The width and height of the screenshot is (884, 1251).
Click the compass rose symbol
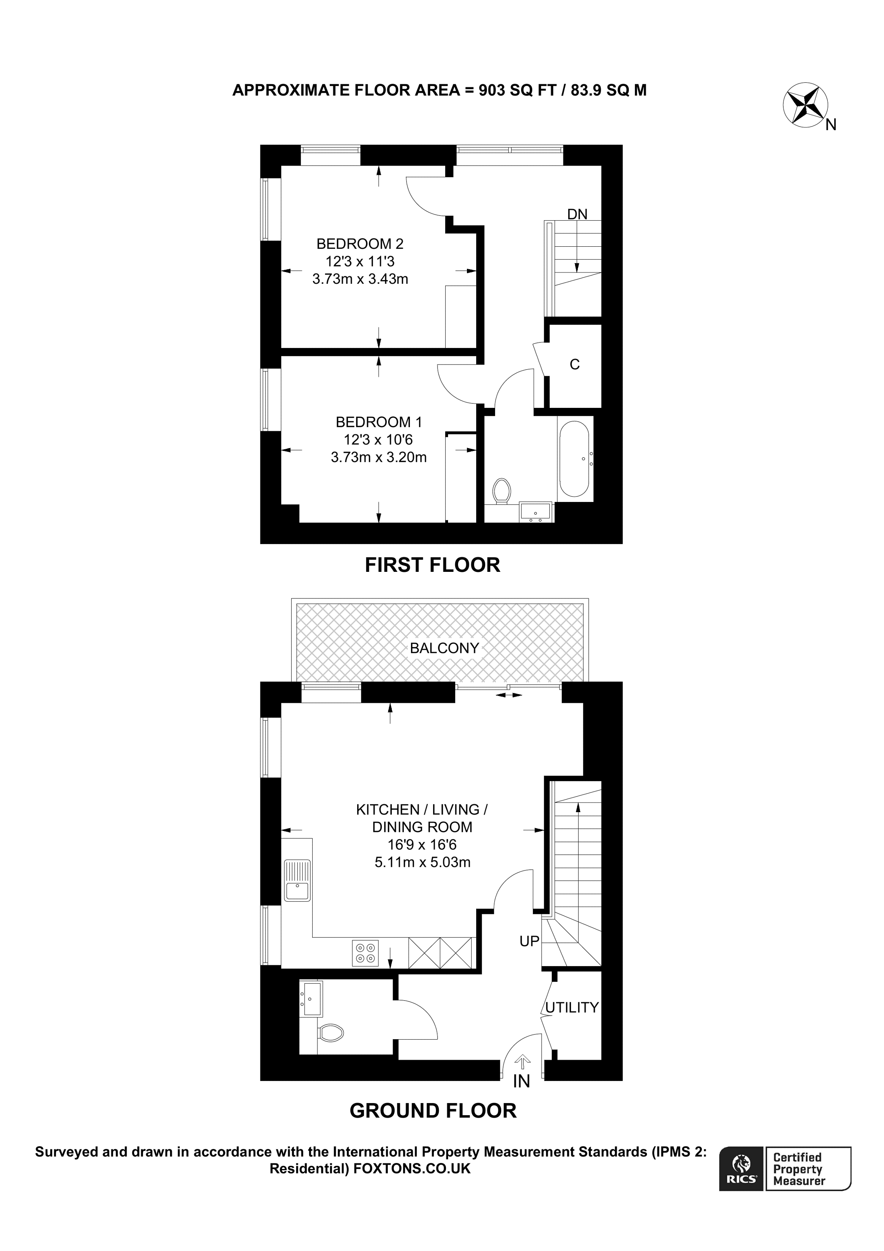tap(805, 106)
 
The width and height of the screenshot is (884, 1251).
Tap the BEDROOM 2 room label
tap(360, 244)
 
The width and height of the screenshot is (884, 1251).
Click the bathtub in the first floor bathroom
tap(574, 458)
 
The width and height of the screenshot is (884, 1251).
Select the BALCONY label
tap(444, 648)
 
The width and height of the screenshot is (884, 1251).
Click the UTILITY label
tap(572, 1007)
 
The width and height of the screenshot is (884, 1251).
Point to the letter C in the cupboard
tap(575, 364)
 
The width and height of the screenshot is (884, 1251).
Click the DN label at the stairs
tap(577, 214)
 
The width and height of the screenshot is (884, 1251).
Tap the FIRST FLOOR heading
tap(432, 565)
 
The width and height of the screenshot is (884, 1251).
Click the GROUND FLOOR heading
tap(433, 1110)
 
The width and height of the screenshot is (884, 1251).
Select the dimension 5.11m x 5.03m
tap(423, 862)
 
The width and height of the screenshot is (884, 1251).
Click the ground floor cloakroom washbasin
tap(311, 999)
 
